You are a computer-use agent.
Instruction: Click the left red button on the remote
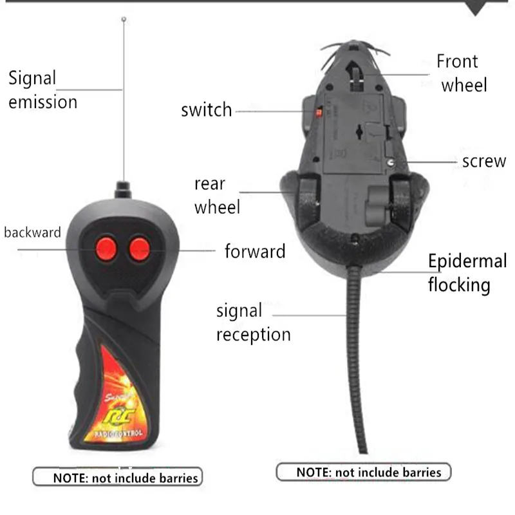pyautogui.click(x=105, y=248)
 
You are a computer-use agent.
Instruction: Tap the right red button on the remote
pyautogui.click(x=138, y=249)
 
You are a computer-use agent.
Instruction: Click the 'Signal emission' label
pyautogui.click(x=42, y=90)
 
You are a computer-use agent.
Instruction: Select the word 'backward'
pyautogui.click(x=32, y=232)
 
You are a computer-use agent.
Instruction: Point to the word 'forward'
pyautogui.click(x=255, y=251)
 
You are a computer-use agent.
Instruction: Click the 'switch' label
pyautogui.click(x=206, y=110)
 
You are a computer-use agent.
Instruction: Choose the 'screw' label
pyautogui.click(x=483, y=162)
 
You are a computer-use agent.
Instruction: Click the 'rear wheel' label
pyautogui.click(x=217, y=195)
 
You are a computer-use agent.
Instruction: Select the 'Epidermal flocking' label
pyautogui.click(x=467, y=272)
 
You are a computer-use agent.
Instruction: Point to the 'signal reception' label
pyautogui.click(x=252, y=323)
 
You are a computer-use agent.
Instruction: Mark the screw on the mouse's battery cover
pyautogui.click(x=392, y=162)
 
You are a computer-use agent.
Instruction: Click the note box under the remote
pyautogui.click(x=117, y=477)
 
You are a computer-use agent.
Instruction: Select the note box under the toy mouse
pyautogui.click(x=364, y=472)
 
